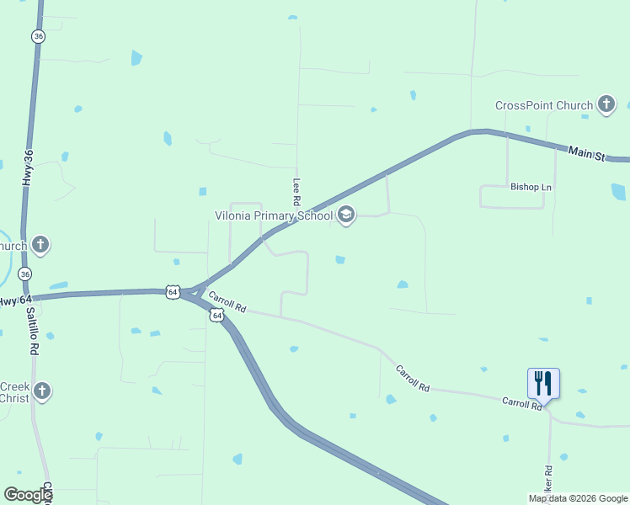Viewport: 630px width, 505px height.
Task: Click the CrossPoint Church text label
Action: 543,105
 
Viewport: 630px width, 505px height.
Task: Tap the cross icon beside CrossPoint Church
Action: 606,104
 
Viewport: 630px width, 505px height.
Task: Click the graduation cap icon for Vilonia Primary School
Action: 345,215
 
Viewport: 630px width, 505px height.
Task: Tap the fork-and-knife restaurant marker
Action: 543,384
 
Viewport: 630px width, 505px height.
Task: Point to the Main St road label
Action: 586,152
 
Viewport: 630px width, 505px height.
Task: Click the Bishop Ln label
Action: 530,187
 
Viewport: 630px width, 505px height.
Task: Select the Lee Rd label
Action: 296,192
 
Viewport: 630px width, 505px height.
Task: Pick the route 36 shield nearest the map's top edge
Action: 38,36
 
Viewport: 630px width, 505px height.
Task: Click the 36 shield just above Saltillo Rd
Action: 25,274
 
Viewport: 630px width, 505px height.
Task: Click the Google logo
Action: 27,495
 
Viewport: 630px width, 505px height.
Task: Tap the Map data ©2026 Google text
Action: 579,498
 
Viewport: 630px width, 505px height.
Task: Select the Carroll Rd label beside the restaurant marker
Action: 522,404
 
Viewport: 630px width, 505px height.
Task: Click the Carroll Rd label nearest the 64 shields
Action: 227,302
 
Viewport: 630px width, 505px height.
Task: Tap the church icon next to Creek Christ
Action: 42,391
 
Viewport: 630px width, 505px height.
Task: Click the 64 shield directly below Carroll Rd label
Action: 217,315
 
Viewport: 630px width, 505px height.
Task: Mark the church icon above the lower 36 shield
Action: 40,245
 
